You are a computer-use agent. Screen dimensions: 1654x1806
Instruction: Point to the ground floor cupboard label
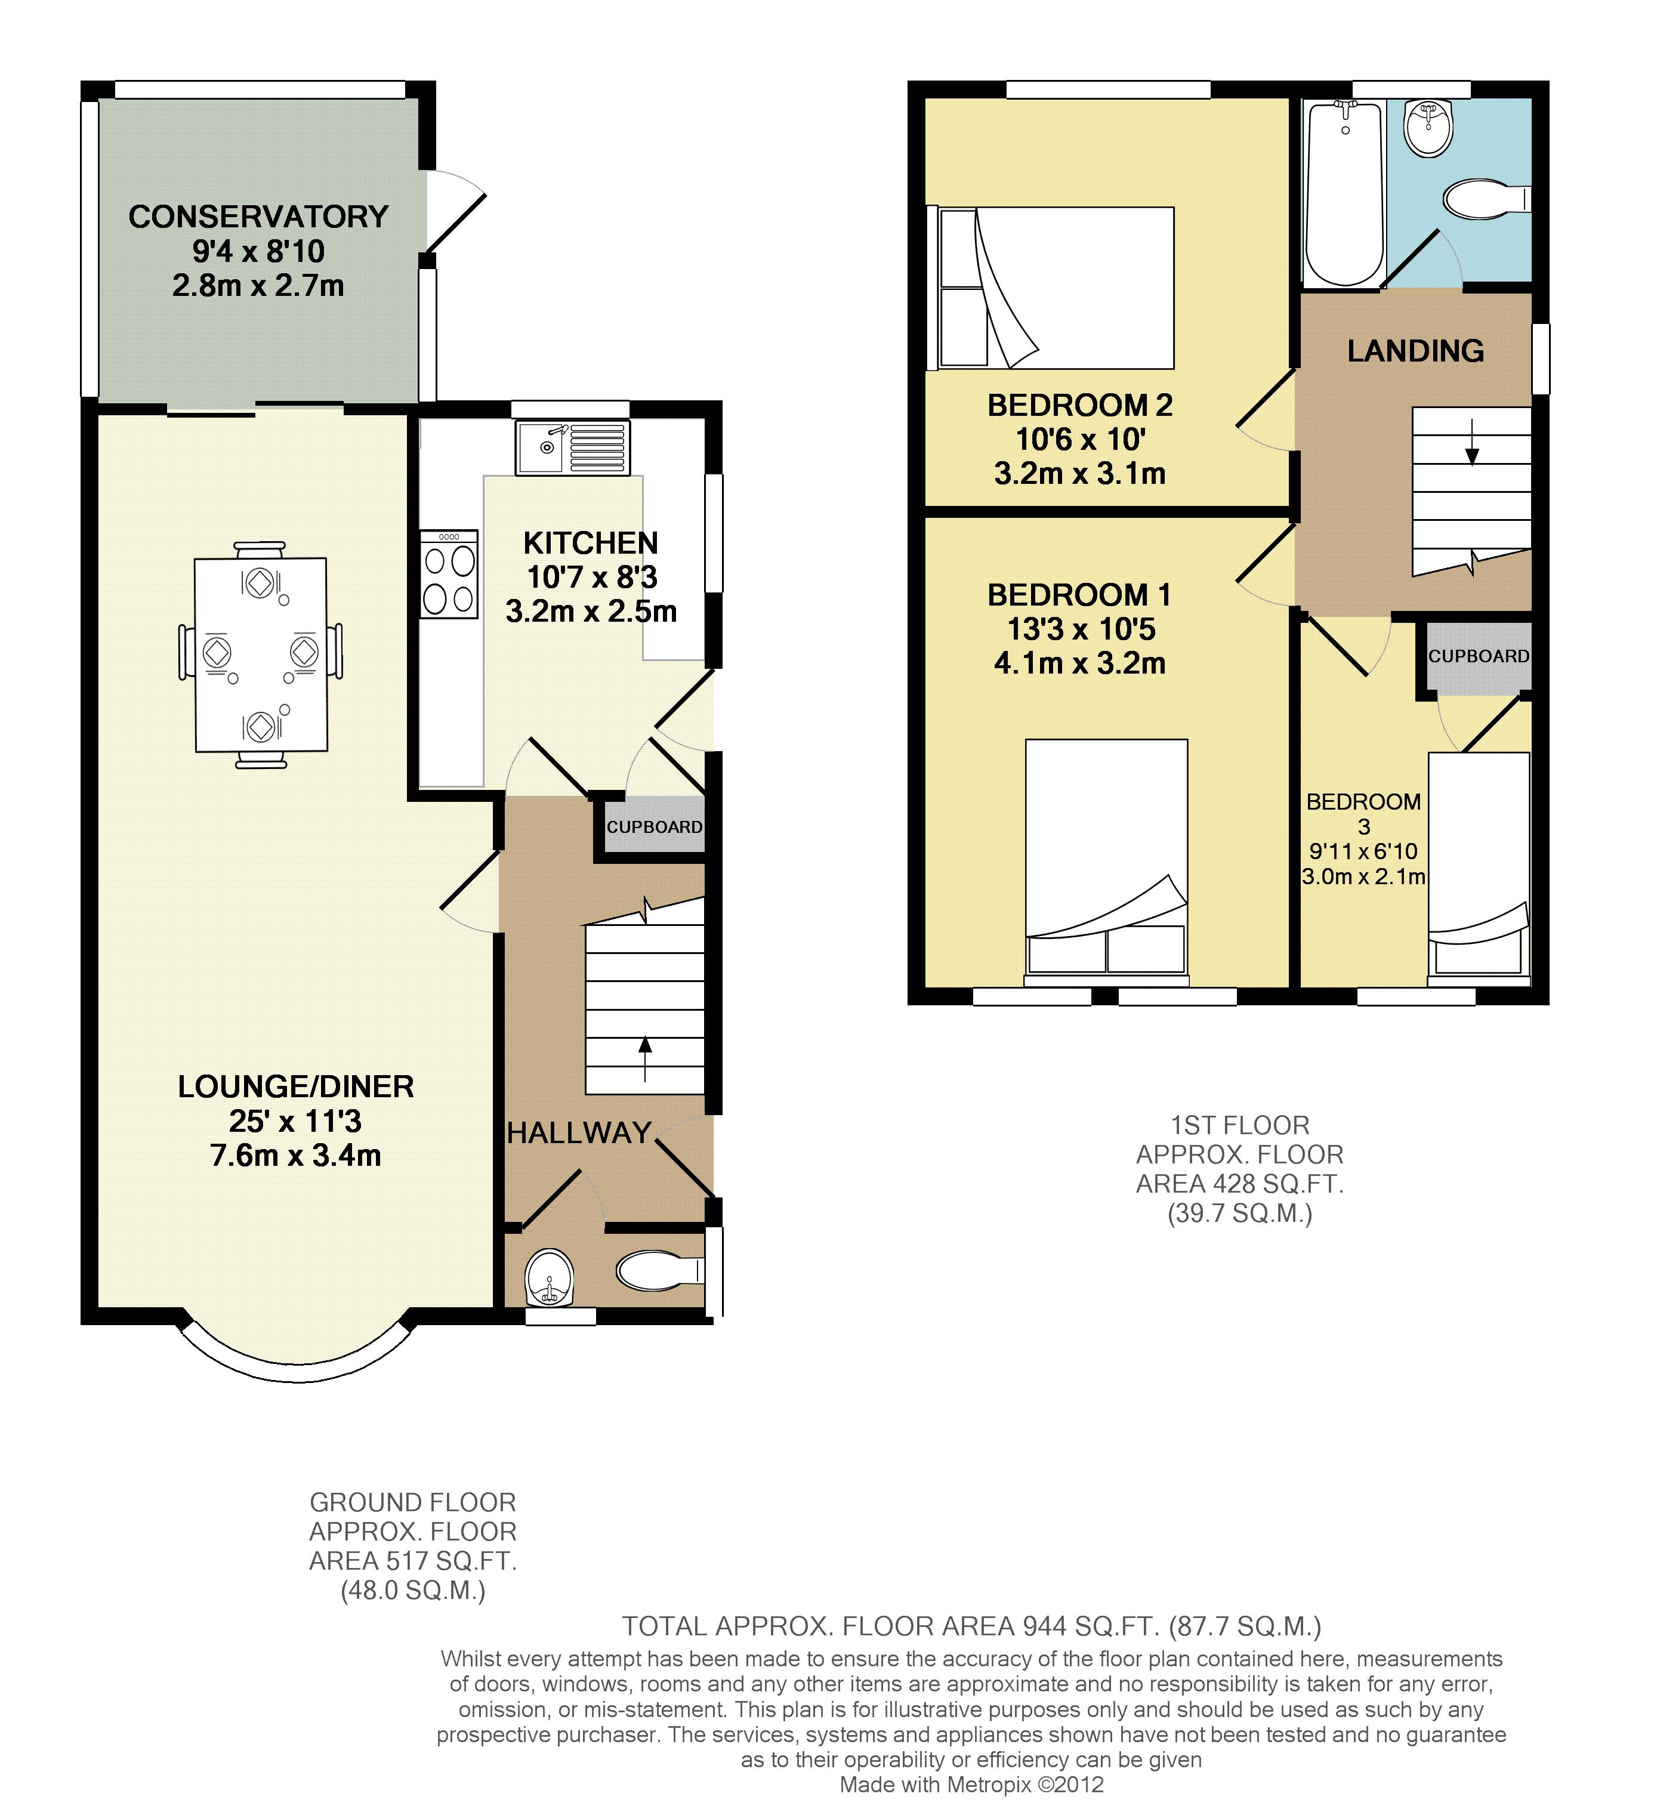654,827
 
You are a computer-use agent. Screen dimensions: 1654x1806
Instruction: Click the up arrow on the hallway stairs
645,1058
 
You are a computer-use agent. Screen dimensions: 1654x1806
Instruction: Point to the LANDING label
1416,351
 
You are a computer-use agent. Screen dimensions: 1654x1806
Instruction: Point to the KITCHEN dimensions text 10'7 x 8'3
591,577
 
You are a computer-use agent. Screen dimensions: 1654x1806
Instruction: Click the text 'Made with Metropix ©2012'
971,1785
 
